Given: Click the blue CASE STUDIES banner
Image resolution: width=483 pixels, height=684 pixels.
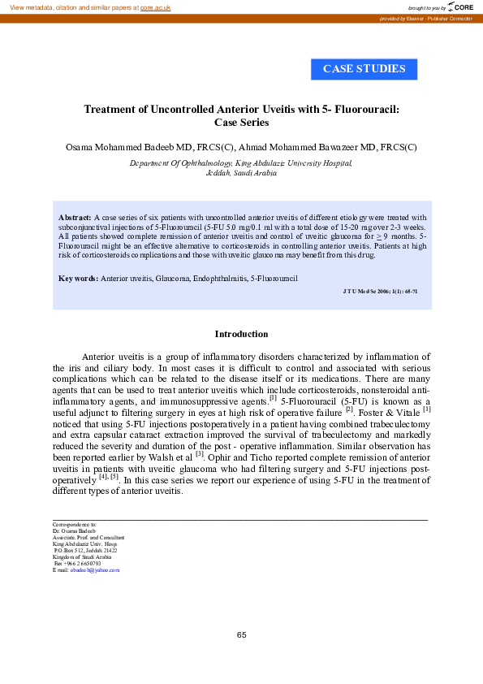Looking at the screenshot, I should tap(364, 69).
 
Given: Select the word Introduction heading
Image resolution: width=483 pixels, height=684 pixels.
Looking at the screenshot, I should tap(241, 334).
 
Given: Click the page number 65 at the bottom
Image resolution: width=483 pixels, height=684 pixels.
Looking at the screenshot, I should tap(241, 634).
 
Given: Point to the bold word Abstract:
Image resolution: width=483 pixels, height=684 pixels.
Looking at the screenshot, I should tap(75, 218).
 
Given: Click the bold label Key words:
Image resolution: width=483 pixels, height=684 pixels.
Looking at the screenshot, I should tap(78, 279).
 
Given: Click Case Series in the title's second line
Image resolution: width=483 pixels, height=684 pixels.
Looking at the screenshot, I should tap(241, 123).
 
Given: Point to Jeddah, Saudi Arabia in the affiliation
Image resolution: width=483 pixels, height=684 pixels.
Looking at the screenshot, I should tap(241, 173).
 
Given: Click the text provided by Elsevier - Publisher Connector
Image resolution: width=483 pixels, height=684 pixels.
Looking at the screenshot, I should tap(428, 18).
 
